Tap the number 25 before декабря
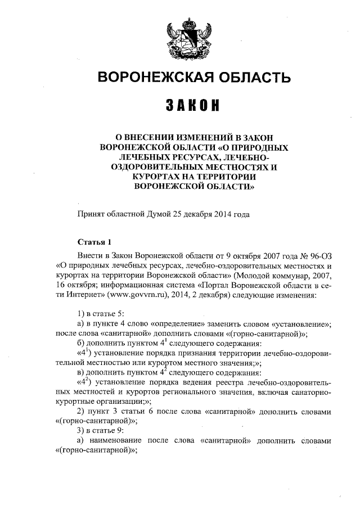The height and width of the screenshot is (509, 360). pyautogui.click(x=181, y=214)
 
